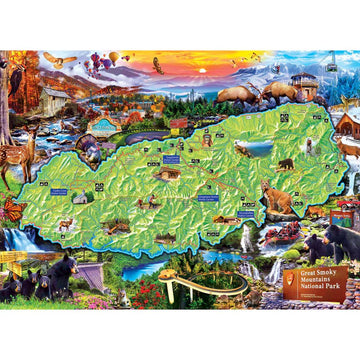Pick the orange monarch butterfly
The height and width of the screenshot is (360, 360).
point(15,211)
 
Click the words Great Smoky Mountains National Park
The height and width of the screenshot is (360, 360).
point(316,278)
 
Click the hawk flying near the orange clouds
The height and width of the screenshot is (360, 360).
point(157,66)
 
